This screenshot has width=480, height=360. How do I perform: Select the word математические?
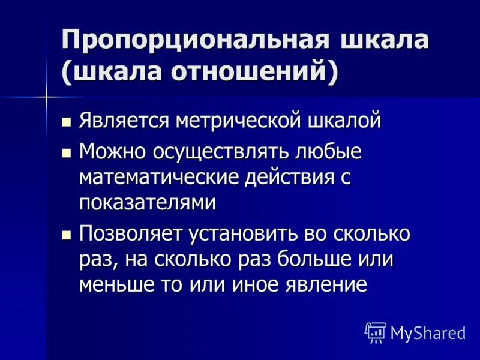160,177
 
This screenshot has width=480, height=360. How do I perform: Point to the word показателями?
148,203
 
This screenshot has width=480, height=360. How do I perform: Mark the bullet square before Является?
67,121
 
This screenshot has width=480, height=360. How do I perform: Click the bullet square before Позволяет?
67,234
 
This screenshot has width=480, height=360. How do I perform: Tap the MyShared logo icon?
376,332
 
